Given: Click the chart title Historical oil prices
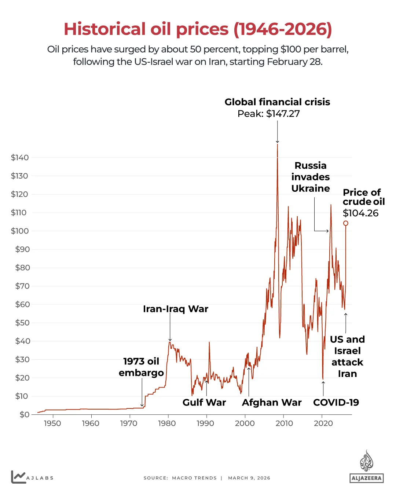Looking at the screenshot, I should click(x=198, y=29).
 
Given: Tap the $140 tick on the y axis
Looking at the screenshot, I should click(x=20, y=158).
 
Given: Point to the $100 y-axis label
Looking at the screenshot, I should click(x=20, y=231).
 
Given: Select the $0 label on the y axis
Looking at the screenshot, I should click(x=24, y=414).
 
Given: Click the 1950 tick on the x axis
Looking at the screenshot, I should click(x=52, y=423).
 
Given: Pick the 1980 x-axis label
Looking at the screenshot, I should click(x=167, y=423).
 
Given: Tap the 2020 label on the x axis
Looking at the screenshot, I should click(x=323, y=423).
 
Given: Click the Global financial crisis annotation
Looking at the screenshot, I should click(x=277, y=102).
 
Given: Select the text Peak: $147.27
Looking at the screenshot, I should click(x=268, y=114).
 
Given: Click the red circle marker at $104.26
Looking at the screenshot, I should click(x=345, y=223).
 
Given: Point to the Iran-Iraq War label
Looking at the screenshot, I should click(x=175, y=309).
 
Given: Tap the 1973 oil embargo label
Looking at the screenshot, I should click(x=141, y=367).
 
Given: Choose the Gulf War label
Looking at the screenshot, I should click(x=204, y=403).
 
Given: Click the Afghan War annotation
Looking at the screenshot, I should click(x=272, y=403).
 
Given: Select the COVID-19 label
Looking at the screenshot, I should click(x=336, y=403).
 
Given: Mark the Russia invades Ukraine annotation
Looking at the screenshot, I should click(x=311, y=177).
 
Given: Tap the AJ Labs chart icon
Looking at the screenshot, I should click(x=18, y=477).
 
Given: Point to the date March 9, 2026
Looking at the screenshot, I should click(x=249, y=478).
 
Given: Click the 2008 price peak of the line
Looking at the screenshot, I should click(x=277, y=145).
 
